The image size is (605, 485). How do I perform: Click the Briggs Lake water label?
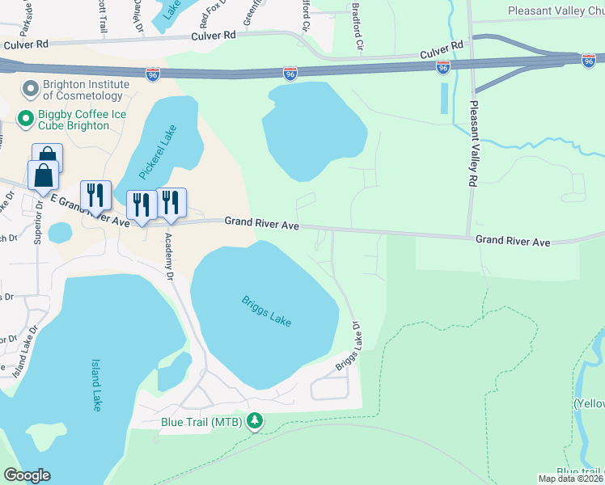click(x=266, y=311)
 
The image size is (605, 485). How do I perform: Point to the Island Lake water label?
click(x=96, y=385)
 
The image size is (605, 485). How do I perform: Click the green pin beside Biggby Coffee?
click(x=25, y=120)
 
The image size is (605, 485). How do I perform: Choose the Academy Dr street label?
click(x=170, y=255)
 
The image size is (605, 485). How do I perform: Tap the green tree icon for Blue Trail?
click(x=256, y=421)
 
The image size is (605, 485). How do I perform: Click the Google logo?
click(x=27, y=475)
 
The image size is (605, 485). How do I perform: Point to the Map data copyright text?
click(x=571, y=479)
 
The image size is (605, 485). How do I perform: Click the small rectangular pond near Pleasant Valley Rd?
click(x=442, y=98)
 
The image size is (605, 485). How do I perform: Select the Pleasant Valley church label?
click(x=556, y=11)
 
